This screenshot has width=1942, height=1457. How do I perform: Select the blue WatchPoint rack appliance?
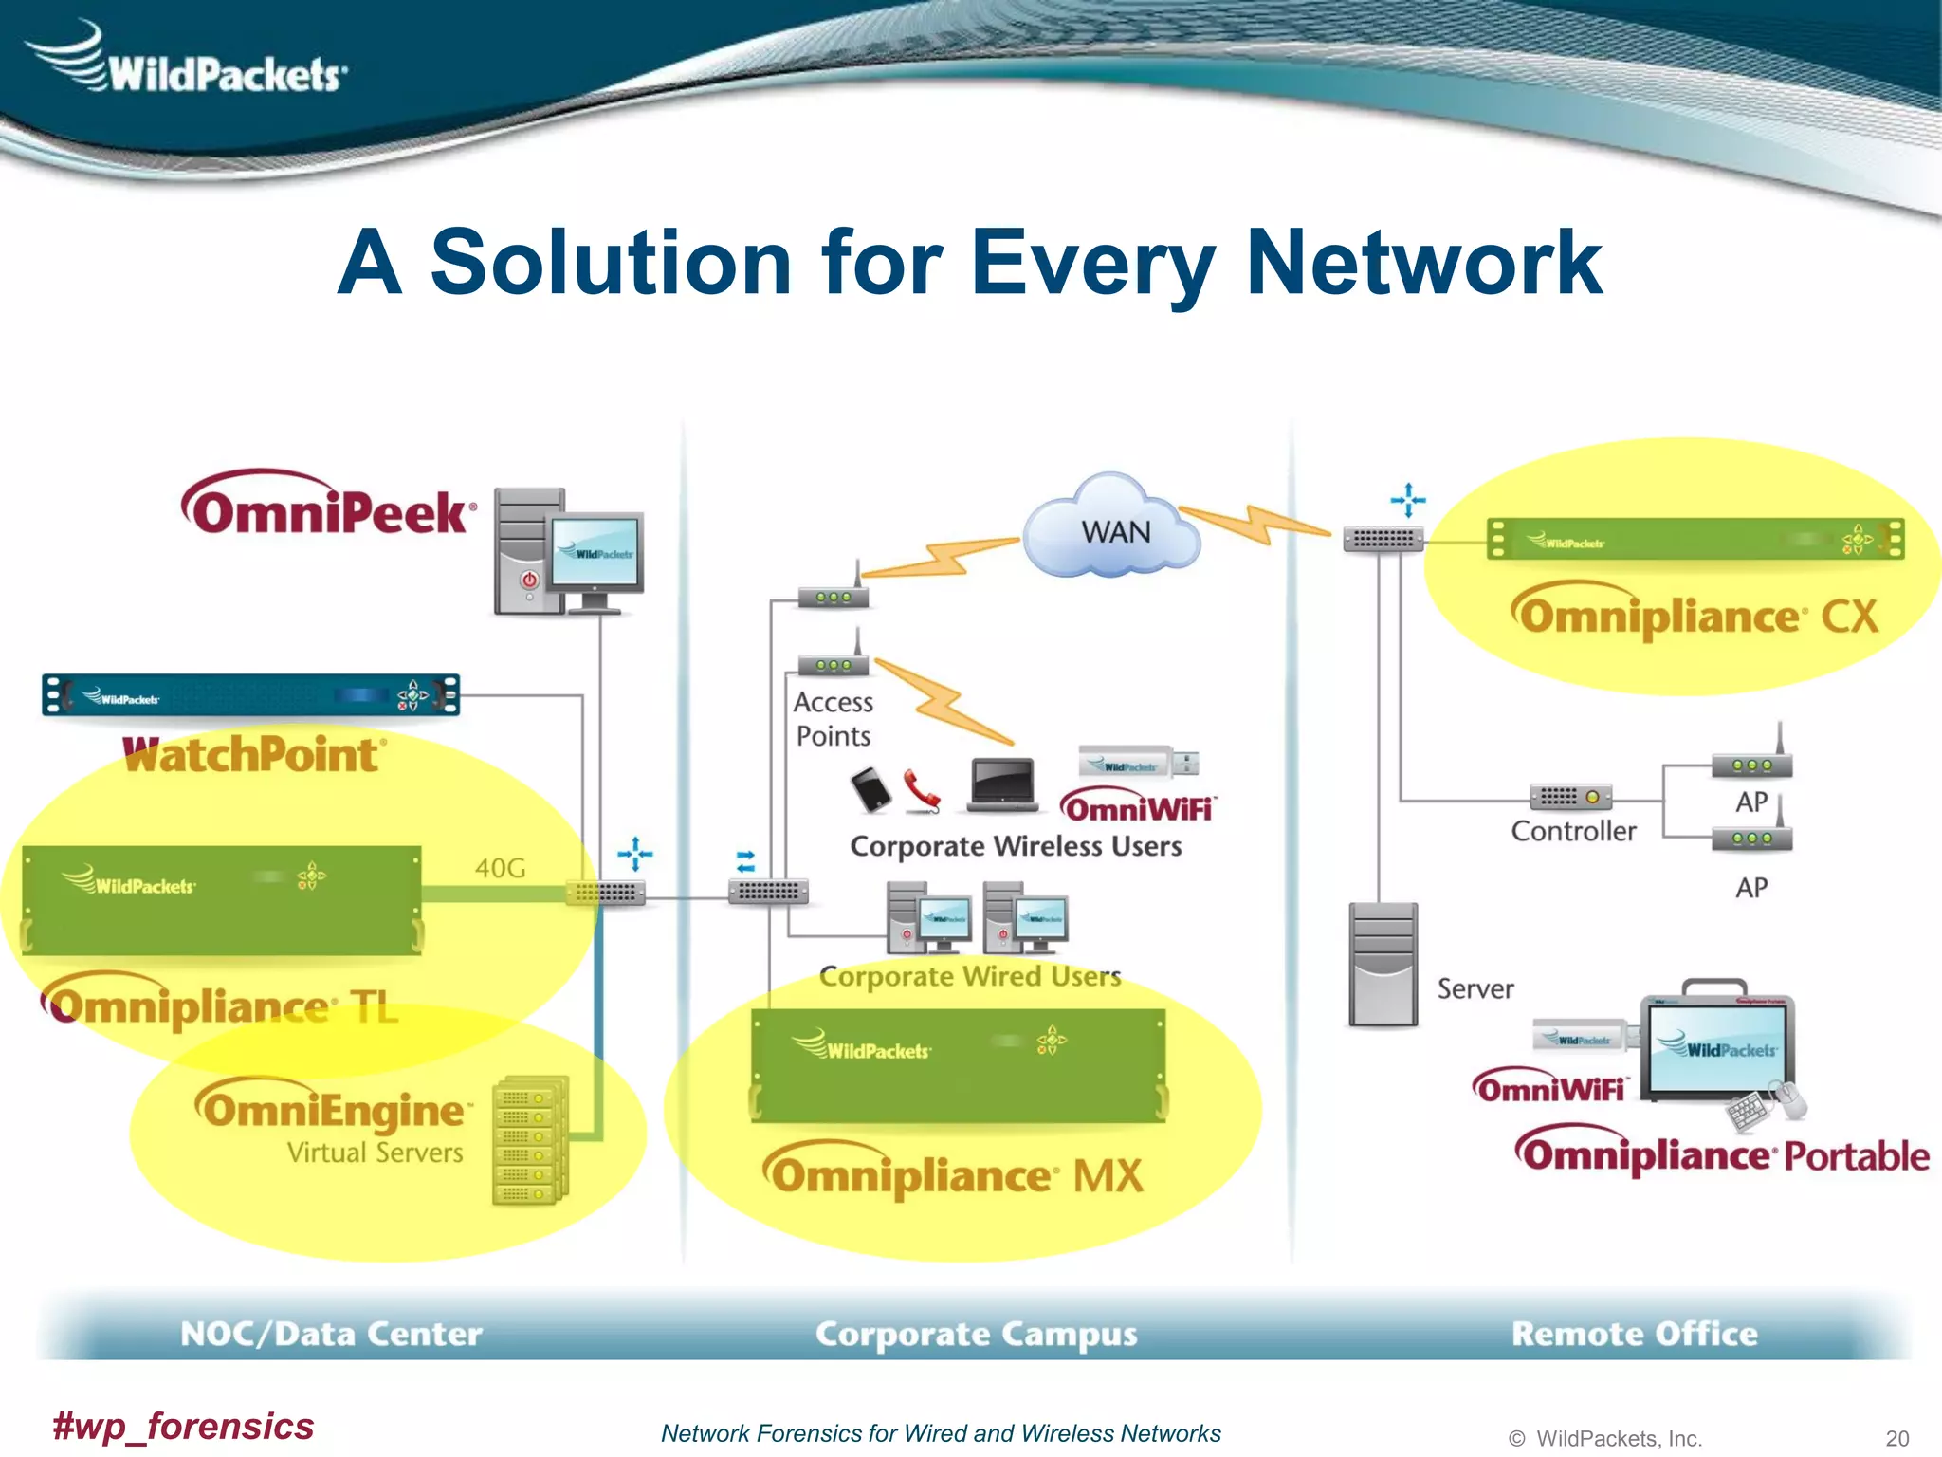pos(251,695)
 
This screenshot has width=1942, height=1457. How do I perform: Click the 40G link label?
pos(500,867)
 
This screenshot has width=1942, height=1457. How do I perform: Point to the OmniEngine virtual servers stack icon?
pos(531,1139)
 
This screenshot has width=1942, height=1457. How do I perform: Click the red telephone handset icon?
pos(921,789)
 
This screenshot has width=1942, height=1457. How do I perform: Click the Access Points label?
pos(833,719)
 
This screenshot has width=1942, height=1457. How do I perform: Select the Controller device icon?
pos(1570,797)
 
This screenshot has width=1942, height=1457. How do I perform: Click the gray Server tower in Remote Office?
pos(1383,964)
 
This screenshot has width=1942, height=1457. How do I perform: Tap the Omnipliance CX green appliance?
pos(1695,539)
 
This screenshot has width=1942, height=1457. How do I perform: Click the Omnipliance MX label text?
pos(954,1173)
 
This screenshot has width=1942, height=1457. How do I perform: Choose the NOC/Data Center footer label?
pos(331,1333)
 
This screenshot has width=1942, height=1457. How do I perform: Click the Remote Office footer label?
pos(1634,1333)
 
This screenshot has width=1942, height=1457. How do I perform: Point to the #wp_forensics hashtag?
pos(183,1426)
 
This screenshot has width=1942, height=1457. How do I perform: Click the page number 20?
pos(1896,1438)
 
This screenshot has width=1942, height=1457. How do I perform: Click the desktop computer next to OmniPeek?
pos(567,553)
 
